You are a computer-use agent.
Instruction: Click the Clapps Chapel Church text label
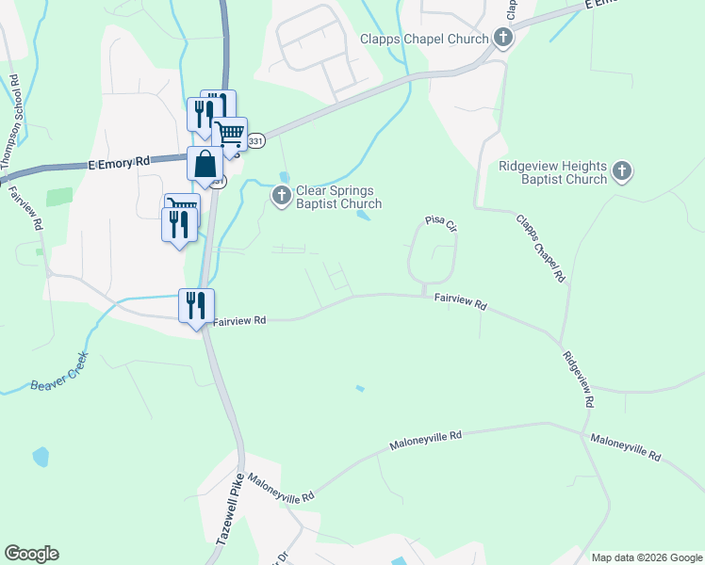point(424,39)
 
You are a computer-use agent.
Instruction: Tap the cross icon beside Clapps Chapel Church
point(503,39)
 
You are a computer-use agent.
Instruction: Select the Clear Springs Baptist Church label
point(339,197)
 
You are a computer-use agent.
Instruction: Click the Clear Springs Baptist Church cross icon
point(281,196)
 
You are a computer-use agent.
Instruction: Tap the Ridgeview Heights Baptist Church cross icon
point(621,171)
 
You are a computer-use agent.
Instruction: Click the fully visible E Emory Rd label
point(120,163)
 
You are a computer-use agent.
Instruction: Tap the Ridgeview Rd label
point(578,379)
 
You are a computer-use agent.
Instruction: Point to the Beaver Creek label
point(58,373)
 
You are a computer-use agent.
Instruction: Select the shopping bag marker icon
point(205,165)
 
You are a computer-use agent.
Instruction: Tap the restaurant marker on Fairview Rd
point(197,305)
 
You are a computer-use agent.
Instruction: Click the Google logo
point(31,554)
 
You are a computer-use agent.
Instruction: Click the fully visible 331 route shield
point(255,140)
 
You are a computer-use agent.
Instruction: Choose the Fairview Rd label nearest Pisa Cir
point(461,302)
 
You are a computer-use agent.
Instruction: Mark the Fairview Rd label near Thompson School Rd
point(25,209)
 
